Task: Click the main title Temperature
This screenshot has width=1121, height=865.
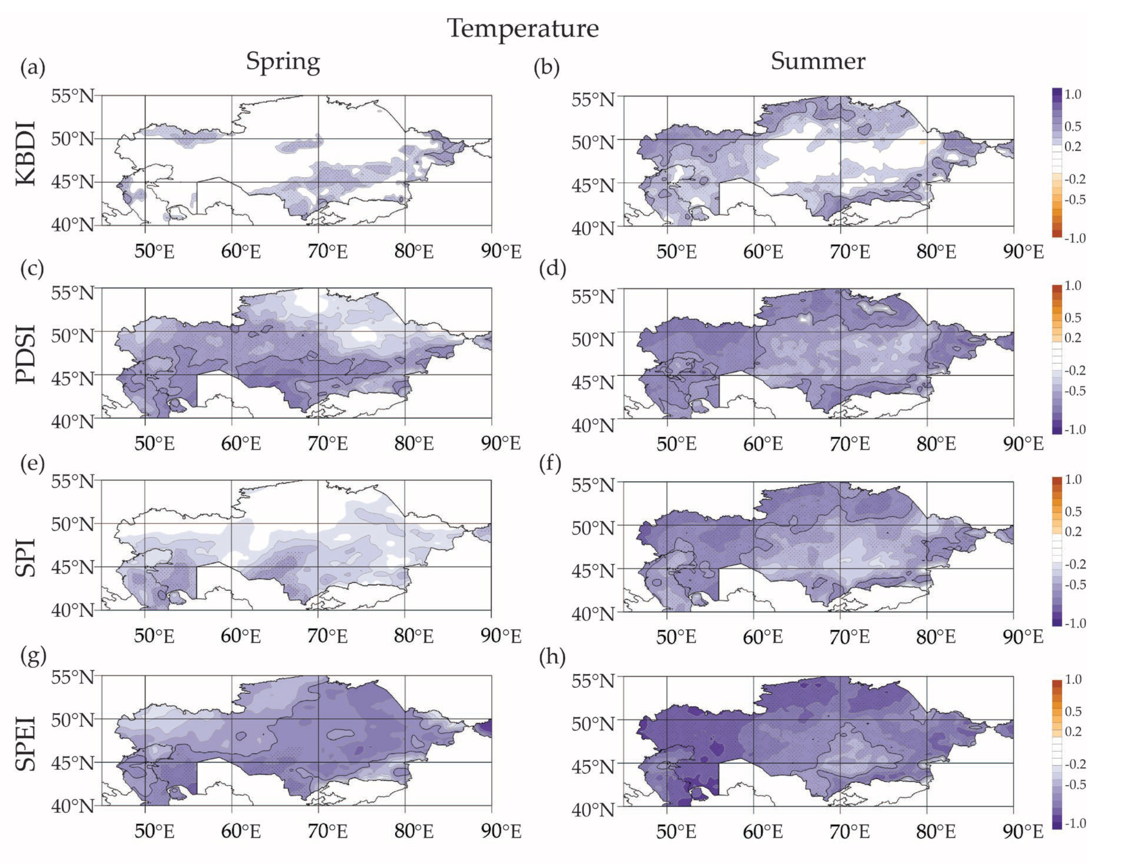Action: click(522, 28)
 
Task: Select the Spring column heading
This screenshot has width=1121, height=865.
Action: click(283, 62)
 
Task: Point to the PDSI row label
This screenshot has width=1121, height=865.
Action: click(26, 354)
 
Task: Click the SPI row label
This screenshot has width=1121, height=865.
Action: click(26, 557)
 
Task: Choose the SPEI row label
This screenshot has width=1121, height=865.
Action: click(26, 744)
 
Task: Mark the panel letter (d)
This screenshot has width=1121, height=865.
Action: click(552, 269)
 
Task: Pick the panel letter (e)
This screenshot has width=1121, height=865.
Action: click(33, 463)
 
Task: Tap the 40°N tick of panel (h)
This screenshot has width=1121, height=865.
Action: click(593, 810)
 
